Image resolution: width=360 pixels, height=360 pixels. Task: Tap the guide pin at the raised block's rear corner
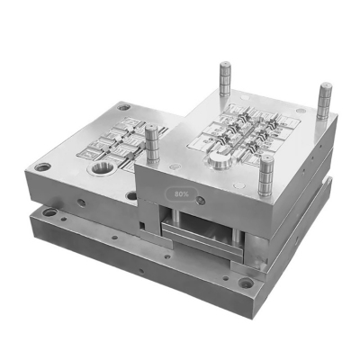pos(224,81)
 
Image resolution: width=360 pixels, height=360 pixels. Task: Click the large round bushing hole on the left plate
pos(101,167)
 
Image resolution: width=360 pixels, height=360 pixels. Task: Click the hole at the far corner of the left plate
pos(123,107)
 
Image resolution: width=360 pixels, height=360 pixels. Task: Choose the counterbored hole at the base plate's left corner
pos(49,213)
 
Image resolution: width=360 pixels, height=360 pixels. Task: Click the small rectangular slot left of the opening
pos(143,218)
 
